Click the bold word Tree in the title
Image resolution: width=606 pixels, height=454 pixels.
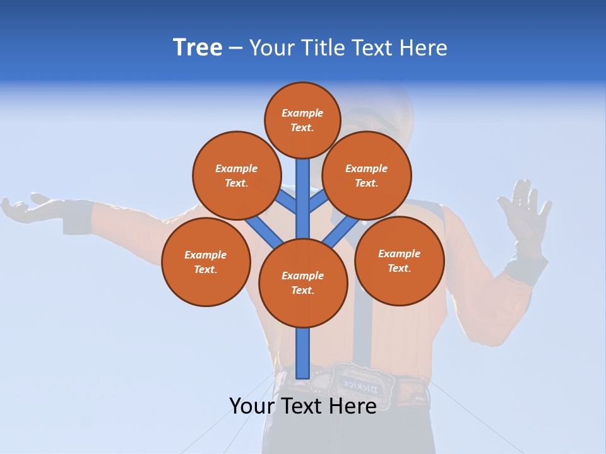[198, 48]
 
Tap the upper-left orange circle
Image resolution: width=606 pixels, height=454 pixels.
[236, 175]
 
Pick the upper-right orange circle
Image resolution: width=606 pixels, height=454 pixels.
[366, 175]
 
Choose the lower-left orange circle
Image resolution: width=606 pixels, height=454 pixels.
[206, 262]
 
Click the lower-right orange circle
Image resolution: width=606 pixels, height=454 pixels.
[399, 260]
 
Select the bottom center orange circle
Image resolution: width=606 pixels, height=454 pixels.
[303, 282]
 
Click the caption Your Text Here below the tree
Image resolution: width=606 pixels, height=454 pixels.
[303, 405]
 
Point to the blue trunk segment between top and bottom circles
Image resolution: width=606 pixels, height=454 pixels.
[303, 199]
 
